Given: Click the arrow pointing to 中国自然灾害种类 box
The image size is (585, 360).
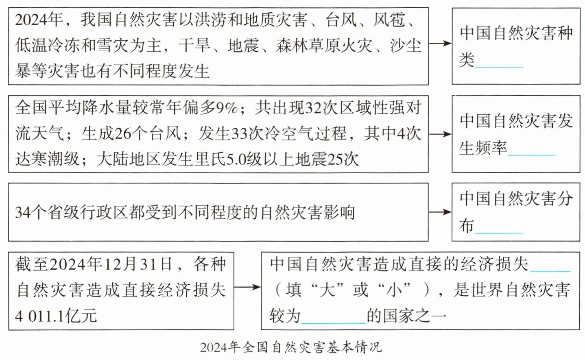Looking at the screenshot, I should tap(440, 44).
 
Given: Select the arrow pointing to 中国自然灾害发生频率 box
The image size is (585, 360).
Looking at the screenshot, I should tap(440, 134).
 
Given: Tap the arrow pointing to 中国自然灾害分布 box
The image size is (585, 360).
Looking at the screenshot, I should tap(440, 212).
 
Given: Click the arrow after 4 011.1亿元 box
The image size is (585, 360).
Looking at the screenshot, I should tap(247, 287).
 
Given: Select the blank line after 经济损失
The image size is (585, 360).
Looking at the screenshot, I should tap(550, 270).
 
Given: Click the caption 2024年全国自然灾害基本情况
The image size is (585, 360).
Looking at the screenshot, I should tap(291, 347).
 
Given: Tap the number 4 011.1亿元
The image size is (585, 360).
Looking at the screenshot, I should tap(56, 316).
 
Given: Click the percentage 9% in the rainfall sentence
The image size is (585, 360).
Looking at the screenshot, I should tap(226, 108).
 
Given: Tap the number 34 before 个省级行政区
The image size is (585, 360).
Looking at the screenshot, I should tap(23, 212).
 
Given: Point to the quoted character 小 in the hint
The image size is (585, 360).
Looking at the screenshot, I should tap(393, 290).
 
